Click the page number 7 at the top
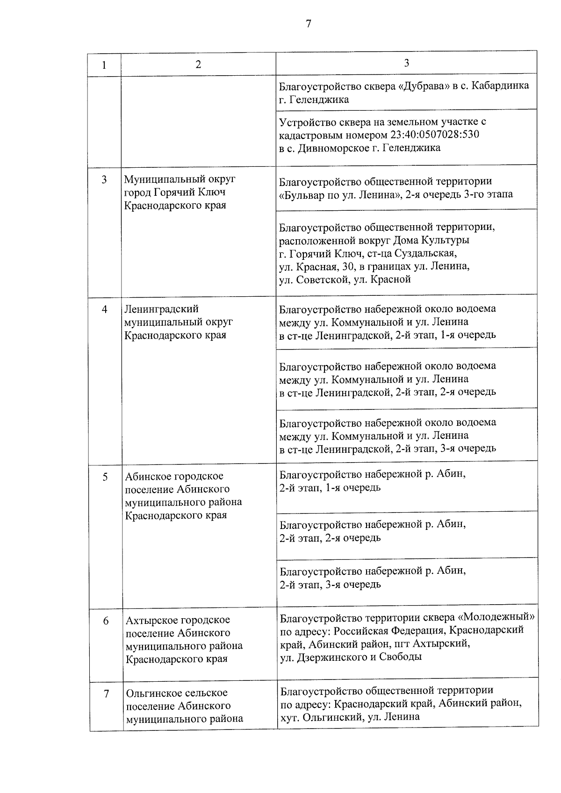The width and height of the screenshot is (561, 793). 308,24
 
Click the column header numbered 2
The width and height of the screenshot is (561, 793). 198,64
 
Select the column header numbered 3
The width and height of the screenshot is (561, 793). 406,63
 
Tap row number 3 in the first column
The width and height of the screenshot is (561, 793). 104,180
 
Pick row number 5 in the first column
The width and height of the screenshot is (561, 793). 105,477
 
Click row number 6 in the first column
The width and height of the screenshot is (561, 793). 106,621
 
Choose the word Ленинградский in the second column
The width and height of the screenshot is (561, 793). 161,309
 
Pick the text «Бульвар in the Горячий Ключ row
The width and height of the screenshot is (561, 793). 301,194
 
